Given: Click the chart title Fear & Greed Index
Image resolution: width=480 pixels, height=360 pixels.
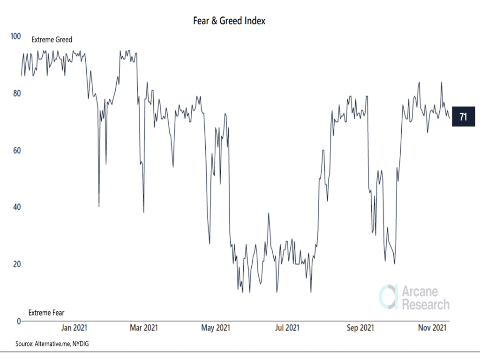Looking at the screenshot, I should [230, 21].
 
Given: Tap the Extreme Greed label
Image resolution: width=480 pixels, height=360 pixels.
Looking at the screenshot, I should [52, 40].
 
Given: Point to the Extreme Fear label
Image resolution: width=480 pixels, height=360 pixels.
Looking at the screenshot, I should [46, 313].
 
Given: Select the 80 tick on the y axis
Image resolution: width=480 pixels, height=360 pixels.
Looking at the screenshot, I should [17, 93].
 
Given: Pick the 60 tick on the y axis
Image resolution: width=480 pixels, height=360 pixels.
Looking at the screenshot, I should [17, 150].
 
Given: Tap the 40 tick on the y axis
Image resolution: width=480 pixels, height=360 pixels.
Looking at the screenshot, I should [17, 207].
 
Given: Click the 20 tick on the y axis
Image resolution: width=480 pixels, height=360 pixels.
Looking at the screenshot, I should [17, 264].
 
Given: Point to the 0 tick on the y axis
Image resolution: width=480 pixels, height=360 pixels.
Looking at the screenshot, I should [19, 321].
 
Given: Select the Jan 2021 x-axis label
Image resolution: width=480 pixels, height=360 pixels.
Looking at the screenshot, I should [74, 328].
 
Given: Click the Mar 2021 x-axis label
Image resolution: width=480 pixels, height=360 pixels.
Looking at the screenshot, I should [143, 328].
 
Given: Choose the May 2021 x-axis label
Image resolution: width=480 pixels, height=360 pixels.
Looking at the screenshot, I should [215, 328].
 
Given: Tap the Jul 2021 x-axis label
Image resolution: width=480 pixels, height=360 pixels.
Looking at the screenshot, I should [286, 328].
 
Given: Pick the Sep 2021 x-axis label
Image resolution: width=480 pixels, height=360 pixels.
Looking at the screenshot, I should [360, 328].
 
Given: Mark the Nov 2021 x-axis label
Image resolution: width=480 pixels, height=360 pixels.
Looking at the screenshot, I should [432, 328].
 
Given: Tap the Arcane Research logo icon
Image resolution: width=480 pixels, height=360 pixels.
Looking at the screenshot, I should [388, 297].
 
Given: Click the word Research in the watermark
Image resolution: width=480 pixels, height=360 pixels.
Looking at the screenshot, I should [425, 304].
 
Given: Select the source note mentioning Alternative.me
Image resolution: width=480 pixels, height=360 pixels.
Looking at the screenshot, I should [52, 344].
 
